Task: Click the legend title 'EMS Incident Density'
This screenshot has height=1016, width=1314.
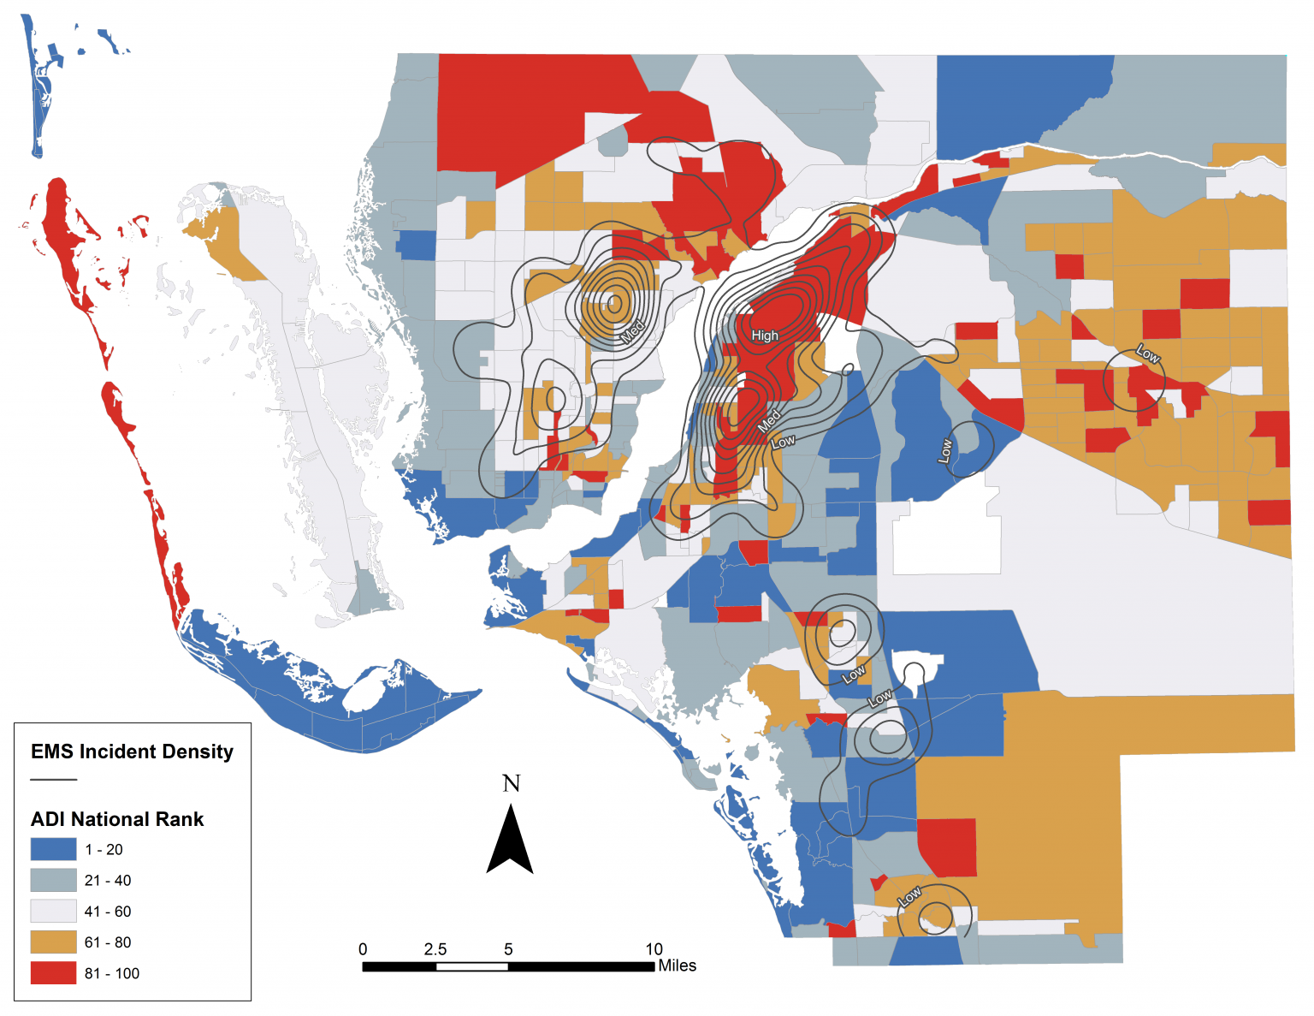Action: [132, 752]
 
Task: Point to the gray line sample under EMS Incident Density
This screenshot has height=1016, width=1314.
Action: [53, 780]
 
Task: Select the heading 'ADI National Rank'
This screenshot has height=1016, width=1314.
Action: [117, 819]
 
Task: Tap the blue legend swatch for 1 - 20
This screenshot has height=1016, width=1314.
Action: [53, 849]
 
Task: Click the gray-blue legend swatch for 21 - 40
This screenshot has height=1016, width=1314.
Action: [53, 880]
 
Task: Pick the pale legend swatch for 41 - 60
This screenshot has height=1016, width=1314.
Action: [53, 911]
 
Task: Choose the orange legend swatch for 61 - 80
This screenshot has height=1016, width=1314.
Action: [53, 942]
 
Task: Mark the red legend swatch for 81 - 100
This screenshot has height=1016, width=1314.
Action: [53, 972]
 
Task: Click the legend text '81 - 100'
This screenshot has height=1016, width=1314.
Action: [111, 973]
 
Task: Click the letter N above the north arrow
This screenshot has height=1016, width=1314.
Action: [511, 783]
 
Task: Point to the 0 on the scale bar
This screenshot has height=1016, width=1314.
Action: [363, 949]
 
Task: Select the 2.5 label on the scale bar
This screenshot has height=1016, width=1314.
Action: [435, 949]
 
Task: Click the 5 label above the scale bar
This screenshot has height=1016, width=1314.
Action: [508, 949]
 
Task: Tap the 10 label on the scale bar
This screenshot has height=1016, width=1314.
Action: [654, 949]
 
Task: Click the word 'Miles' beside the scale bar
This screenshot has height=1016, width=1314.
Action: [677, 965]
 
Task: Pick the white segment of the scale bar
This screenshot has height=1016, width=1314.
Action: [471, 966]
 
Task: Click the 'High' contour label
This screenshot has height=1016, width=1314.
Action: [765, 336]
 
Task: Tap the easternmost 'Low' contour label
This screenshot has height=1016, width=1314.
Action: [1147, 354]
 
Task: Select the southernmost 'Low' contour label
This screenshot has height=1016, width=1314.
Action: [909, 896]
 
